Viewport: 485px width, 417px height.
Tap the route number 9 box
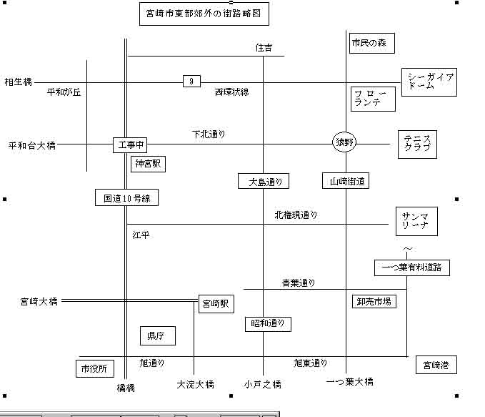point(191,82)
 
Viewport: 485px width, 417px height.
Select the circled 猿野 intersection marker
point(344,142)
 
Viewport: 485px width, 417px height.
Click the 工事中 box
point(130,145)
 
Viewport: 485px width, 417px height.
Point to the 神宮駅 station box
point(149,164)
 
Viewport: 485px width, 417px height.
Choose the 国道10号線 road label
point(126,197)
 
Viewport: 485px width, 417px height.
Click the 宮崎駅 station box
point(215,304)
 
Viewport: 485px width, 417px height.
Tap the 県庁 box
point(156,335)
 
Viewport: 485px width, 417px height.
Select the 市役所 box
point(95,368)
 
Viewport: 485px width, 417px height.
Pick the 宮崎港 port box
point(436,366)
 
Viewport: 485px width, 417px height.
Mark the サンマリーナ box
point(416,221)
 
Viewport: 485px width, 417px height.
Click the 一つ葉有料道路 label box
point(412,268)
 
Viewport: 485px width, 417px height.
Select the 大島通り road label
point(264,182)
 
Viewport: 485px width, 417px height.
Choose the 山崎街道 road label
point(346,182)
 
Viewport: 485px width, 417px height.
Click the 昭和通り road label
point(269,324)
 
